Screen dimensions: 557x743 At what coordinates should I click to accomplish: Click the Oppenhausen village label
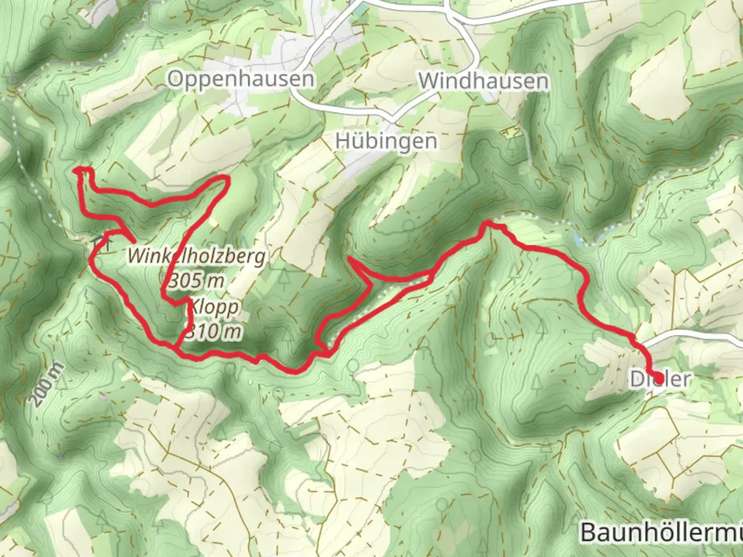tap(240, 79)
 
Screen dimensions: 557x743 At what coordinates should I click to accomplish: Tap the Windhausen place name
tap(483, 81)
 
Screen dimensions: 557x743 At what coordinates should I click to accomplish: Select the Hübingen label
tap(386, 141)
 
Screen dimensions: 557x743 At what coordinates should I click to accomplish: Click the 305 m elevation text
tap(197, 281)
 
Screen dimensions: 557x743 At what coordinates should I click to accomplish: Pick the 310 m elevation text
tap(213, 332)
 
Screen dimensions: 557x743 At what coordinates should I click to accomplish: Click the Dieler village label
tap(660, 380)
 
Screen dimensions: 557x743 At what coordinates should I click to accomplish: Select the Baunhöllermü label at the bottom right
tap(661, 532)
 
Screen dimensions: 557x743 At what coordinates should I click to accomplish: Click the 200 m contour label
tap(47, 385)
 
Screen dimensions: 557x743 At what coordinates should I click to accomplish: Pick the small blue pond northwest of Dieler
tap(577, 241)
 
